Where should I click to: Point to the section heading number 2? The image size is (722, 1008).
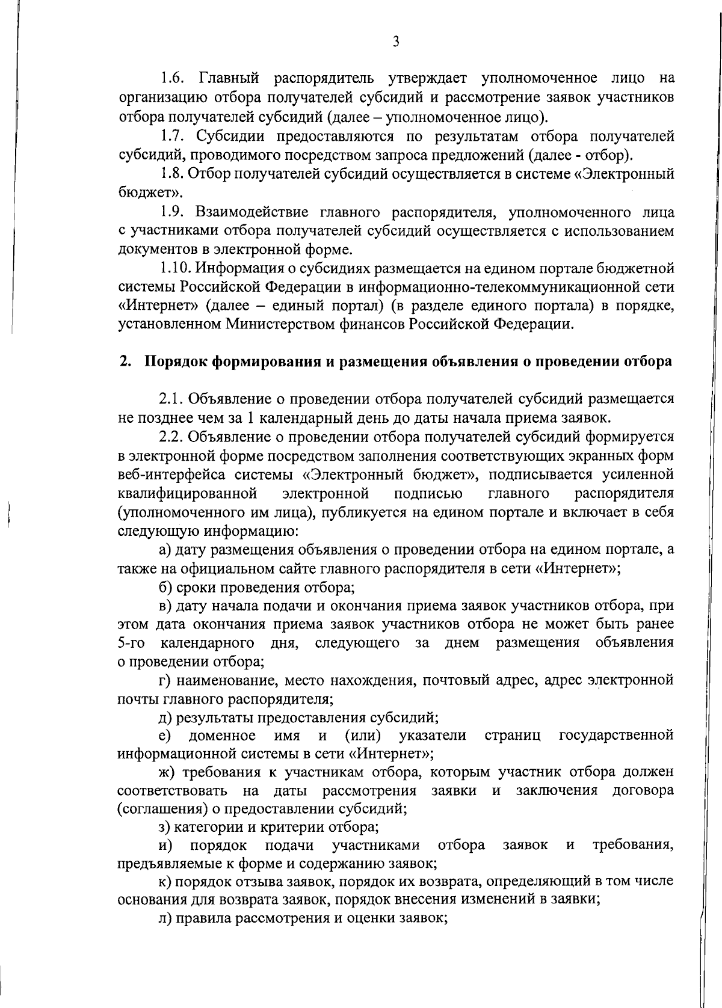click(x=125, y=361)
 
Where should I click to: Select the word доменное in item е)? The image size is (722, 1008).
click(x=221, y=736)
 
